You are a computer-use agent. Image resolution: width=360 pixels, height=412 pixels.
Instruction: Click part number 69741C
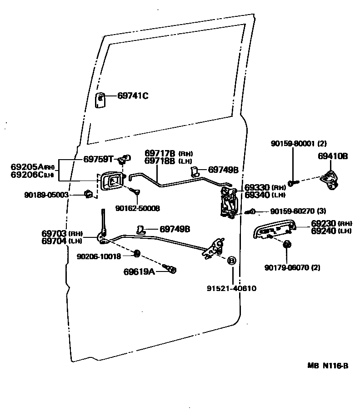coord(133,96)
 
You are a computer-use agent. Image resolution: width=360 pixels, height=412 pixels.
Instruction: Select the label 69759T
coord(98,159)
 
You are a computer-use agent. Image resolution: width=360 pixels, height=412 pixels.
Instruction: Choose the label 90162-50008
coord(137,208)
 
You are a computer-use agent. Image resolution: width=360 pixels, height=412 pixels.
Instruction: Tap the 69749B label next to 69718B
coord(223,170)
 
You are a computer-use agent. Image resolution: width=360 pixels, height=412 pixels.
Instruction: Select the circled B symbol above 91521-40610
coord(231,261)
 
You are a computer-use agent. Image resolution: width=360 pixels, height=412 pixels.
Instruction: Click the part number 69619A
coord(139,272)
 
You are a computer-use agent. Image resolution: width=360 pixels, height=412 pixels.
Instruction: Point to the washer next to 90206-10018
coord(137,253)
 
